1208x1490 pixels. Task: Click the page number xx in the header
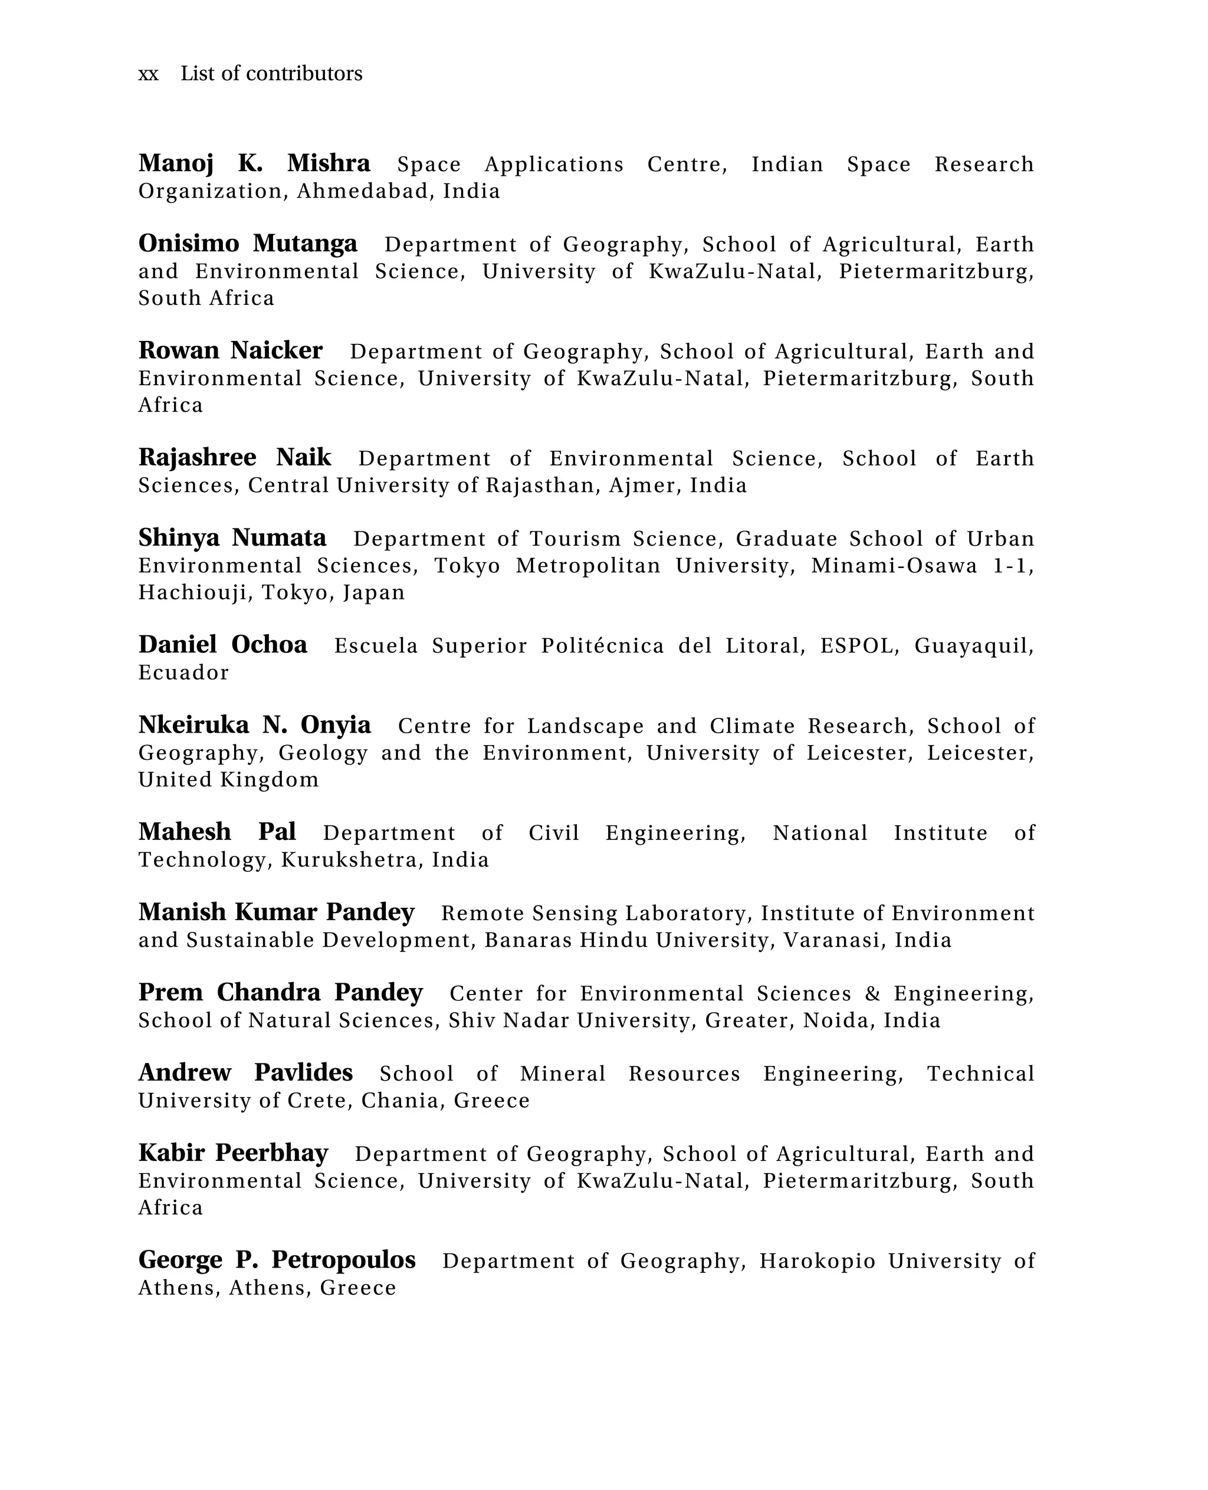click(148, 74)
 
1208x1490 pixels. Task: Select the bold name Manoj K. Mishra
click(254, 163)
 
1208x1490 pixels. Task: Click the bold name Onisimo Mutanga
click(248, 244)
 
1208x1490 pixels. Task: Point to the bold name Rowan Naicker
click(230, 351)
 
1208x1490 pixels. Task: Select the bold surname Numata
click(279, 538)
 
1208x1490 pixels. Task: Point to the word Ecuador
click(183, 673)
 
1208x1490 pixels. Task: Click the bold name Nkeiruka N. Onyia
click(254, 725)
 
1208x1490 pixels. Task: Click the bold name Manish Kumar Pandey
click(276, 913)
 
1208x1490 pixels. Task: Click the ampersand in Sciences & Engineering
click(872, 994)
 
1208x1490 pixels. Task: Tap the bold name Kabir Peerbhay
click(233, 1153)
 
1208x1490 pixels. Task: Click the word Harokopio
click(817, 1261)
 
